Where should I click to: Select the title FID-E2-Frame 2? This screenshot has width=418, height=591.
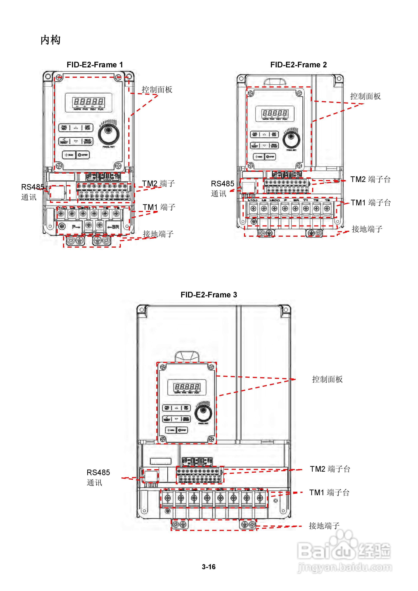pyautogui.click(x=298, y=65)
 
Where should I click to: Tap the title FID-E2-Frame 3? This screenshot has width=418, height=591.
pyautogui.click(x=209, y=295)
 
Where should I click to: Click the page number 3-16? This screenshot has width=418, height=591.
pyautogui.click(x=209, y=567)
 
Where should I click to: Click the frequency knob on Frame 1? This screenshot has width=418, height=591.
pyautogui.click(x=109, y=135)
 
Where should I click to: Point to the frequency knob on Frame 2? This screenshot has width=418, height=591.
pyautogui.click(x=291, y=140)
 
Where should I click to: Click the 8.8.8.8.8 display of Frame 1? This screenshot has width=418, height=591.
pyautogui.click(x=89, y=102)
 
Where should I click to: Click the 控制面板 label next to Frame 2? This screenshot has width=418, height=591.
pyautogui.click(x=365, y=97)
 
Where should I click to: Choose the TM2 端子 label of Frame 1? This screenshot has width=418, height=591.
pyautogui.click(x=158, y=184)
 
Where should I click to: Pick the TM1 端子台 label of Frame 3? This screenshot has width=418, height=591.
pyautogui.click(x=329, y=493)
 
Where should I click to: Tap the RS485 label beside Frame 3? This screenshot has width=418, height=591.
pyautogui.click(x=98, y=473)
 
